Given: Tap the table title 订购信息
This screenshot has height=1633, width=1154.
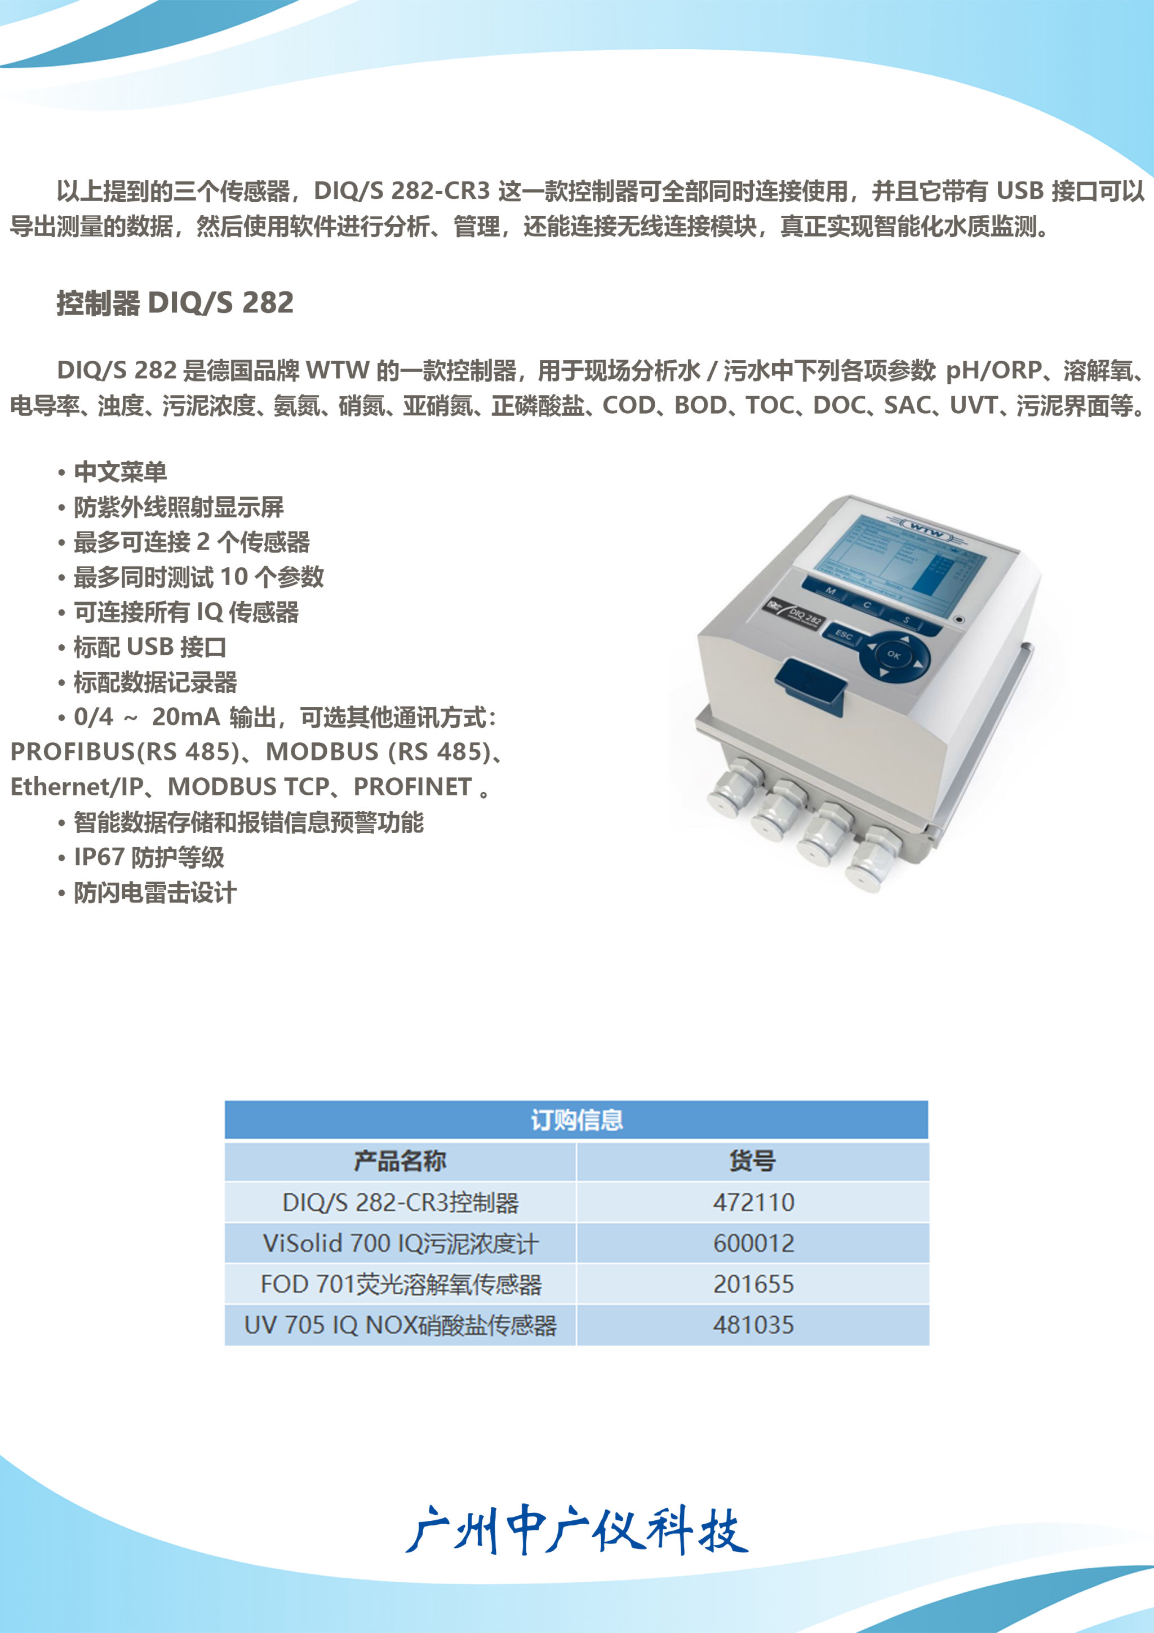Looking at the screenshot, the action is coord(576,1120).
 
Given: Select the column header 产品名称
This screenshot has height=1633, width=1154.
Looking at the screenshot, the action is coord(400,1161).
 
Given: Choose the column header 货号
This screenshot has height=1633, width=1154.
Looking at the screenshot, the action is coord(752,1161).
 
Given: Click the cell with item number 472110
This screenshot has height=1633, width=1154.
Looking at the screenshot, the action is coord(753,1202).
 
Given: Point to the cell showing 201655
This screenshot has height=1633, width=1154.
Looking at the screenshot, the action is coord(753,1284).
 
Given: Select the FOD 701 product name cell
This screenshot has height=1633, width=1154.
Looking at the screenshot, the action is coord(400,1284).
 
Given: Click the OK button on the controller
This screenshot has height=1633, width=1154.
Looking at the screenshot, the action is coord(893,655).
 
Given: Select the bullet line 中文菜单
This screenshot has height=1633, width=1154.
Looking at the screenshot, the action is coord(112,472).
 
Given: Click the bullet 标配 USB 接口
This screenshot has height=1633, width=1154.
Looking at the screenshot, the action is coord(142,647).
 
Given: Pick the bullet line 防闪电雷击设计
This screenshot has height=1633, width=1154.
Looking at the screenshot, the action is coord(147,893).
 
